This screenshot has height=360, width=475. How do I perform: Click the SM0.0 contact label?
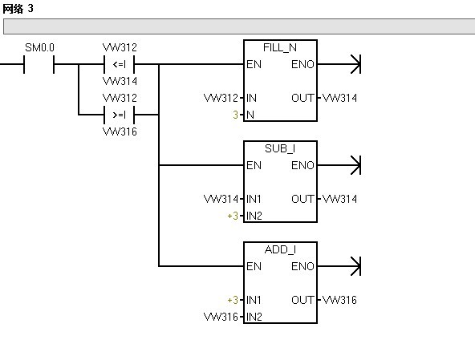click(39, 47)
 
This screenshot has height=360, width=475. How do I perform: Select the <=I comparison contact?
click(119, 64)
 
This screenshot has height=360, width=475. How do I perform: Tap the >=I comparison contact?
click(119, 115)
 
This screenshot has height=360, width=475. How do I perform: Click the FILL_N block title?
click(280, 47)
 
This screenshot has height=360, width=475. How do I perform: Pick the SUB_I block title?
click(280, 148)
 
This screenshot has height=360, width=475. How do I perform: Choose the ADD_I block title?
click(280, 249)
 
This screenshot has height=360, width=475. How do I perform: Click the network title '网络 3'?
click(18, 9)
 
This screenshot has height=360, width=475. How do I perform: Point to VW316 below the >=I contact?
click(120, 131)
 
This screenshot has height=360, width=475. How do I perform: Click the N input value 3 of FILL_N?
click(235, 115)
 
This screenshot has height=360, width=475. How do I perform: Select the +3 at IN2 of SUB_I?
click(233, 216)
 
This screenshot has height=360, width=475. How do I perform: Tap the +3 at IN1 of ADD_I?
click(233, 300)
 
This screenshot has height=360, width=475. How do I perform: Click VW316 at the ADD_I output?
click(339, 300)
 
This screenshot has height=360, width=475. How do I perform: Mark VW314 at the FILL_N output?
click(339, 98)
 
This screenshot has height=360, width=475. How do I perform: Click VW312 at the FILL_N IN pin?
click(221, 98)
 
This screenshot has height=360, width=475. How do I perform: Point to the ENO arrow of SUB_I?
click(339, 165)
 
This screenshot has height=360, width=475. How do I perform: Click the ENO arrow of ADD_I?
click(339, 266)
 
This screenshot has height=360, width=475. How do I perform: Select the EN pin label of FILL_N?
click(254, 64)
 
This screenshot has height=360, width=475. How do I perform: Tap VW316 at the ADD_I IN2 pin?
click(221, 317)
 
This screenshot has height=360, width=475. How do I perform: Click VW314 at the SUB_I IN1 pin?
click(221, 199)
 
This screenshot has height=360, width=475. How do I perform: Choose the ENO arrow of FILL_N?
click(339, 64)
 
